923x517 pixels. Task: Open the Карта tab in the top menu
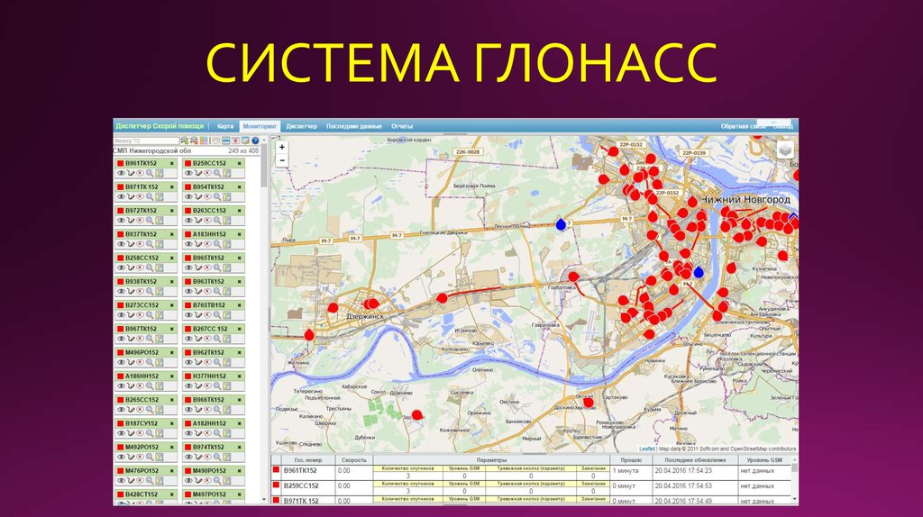tap(225, 126)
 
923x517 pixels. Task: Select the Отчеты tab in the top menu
tap(402, 126)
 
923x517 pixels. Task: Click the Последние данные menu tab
tap(354, 126)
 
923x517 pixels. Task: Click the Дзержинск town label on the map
tap(365, 316)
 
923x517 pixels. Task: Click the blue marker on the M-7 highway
tap(561, 223)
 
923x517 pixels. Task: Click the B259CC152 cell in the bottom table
tap(303, 485)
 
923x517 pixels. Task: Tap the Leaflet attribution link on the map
tap(647, 448)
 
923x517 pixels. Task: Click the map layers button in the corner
tap(785, 150)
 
